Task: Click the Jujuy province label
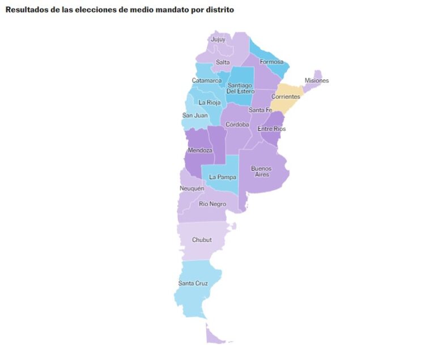pos(218,40)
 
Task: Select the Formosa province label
pos(271,62)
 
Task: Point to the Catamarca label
pos(207,81)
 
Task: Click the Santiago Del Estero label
pos(241,88)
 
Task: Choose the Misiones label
pos(317,81)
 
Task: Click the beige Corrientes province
pos(285,96)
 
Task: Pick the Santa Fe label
pos(261,109)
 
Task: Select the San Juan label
pos(194,115)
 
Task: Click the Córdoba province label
pos(237,124)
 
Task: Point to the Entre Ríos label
pos(272,129)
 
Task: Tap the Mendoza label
pos(200,150)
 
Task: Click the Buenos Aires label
pos(261,171)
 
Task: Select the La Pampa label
pos(222,177)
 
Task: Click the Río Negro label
pos(212,204)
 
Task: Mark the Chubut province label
pos(202,240)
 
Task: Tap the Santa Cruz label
pos(193,283)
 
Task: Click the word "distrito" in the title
pos(218,10)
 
